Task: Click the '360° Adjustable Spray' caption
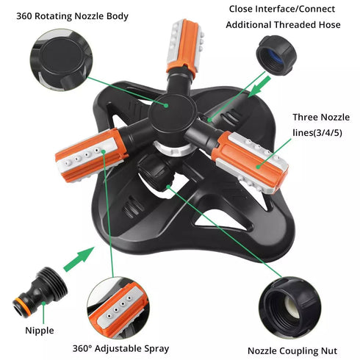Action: tap(120, 348)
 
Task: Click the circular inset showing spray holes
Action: tap(117, 306)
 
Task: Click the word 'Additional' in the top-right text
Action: tap(252, 26)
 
